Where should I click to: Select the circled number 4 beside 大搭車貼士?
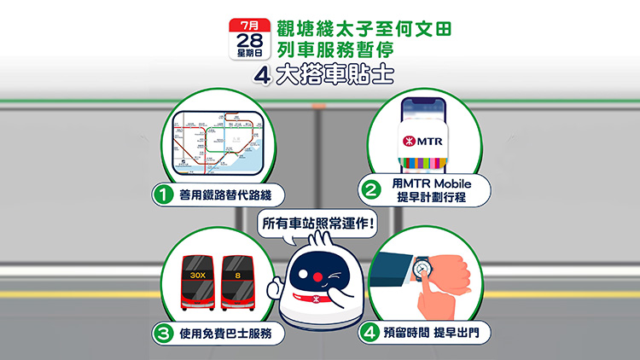263,75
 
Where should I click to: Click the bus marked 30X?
199,281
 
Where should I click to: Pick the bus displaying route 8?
238,281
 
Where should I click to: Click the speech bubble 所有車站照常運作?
319,223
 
